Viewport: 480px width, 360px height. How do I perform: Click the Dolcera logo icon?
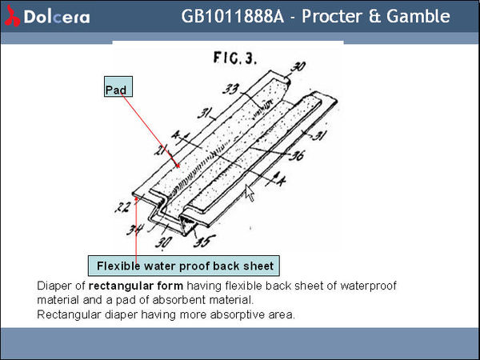click(x=12, y=16)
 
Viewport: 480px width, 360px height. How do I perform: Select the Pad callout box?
click(x=118, y=90)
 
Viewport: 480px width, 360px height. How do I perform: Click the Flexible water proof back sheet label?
click(x=184, y=266)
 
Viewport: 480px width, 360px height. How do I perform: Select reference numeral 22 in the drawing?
click(x=122, y=207)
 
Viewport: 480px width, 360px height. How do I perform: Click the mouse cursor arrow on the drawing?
click(x=250, y=192)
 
